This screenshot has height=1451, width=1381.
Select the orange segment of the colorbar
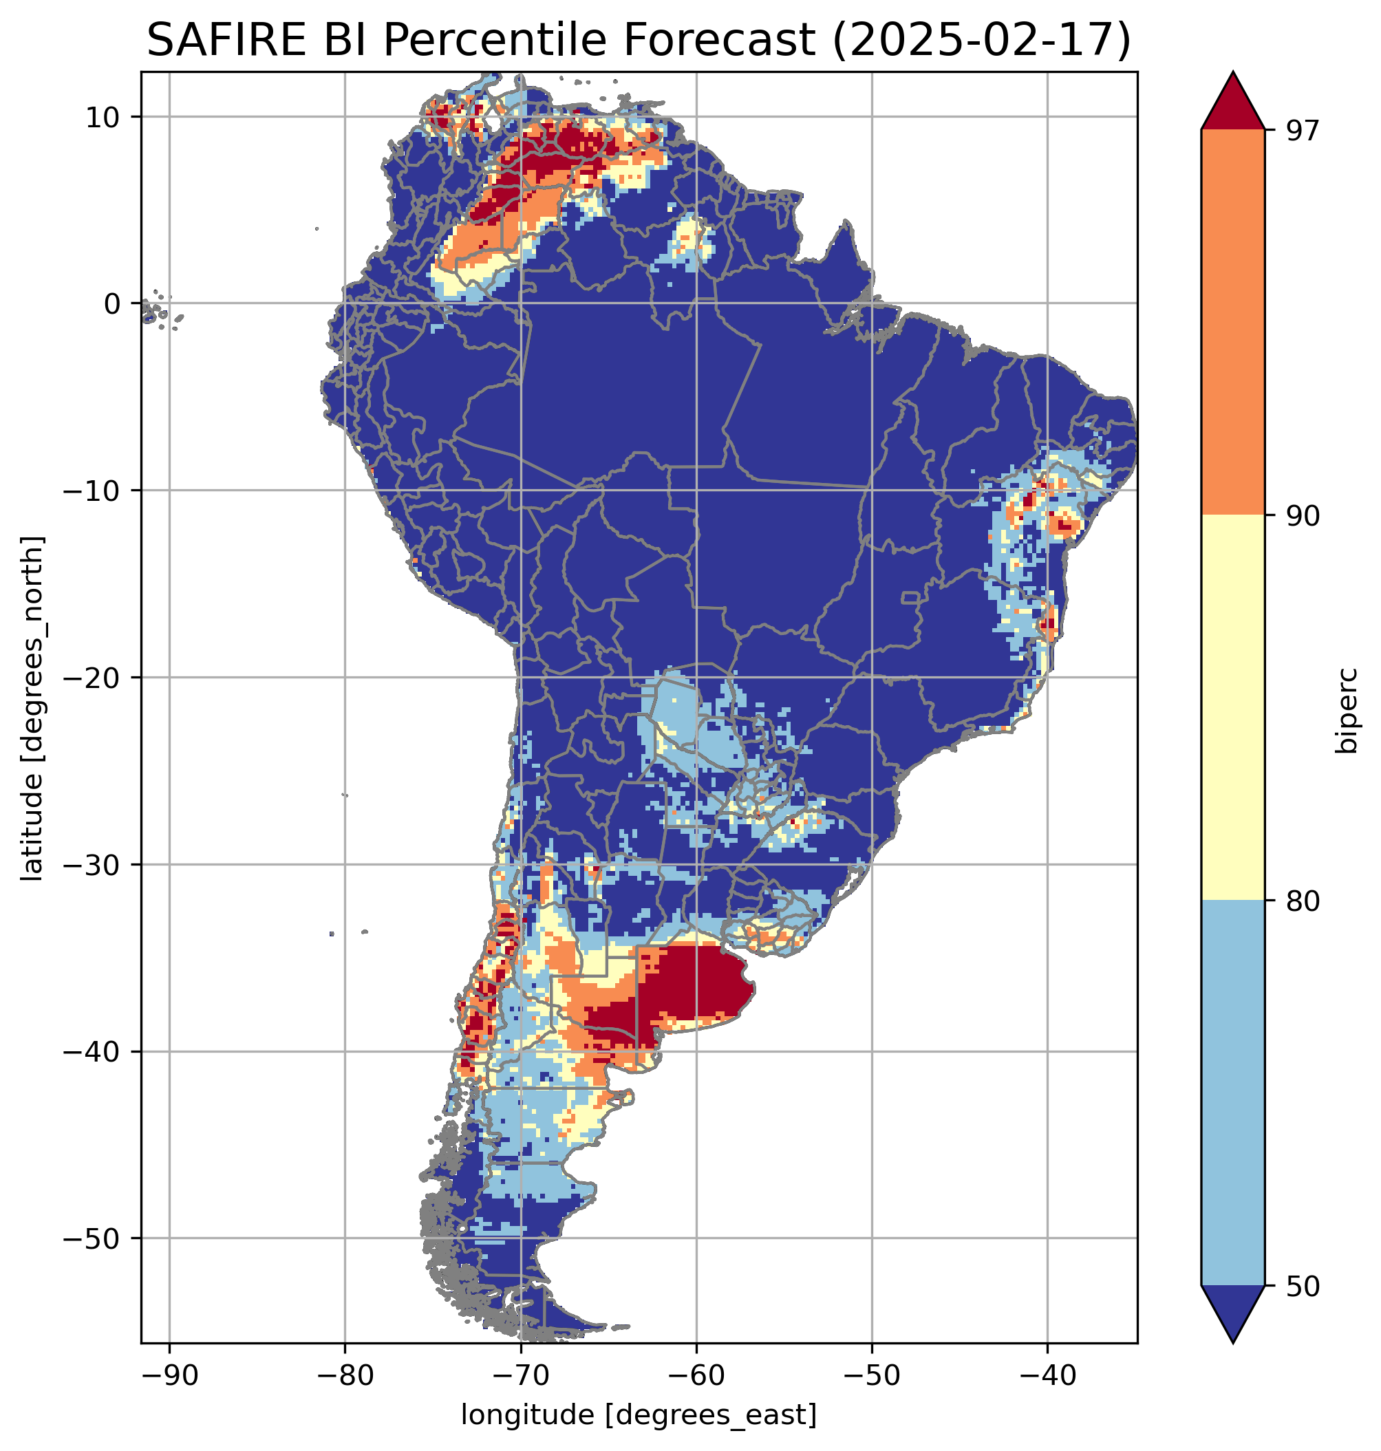[1232, 323]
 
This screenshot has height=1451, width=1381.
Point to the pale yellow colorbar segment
[1232, 708]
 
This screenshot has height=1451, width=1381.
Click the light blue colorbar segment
[1232, 1094]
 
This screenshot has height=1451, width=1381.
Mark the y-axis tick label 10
[103, 117]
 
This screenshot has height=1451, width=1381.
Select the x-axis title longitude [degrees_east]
[639, 1415]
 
